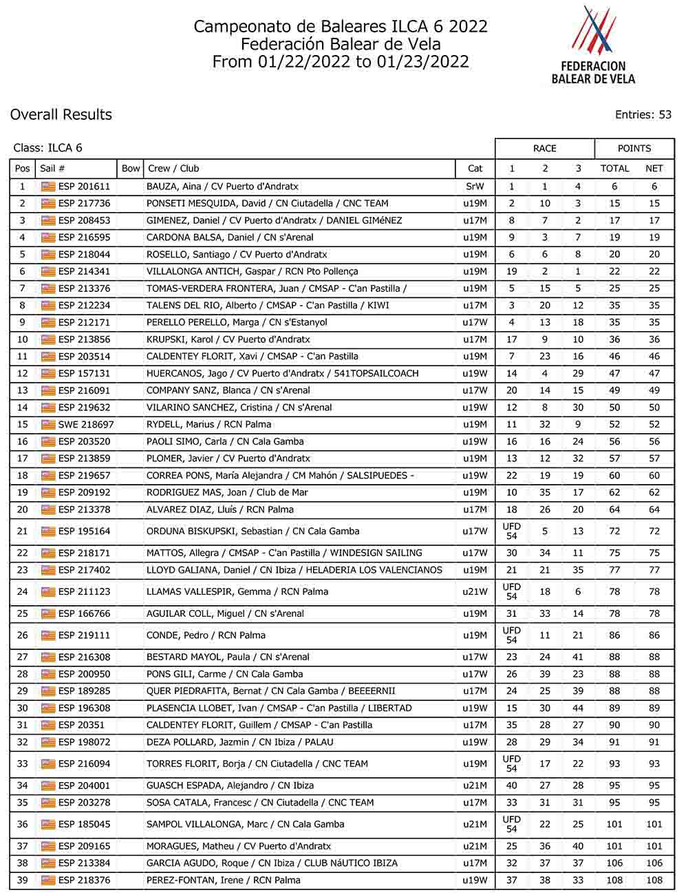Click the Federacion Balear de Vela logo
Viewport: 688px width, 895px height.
593,45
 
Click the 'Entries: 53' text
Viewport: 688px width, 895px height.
643,115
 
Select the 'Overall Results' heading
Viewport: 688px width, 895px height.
61,115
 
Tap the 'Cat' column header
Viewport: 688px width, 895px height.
475,169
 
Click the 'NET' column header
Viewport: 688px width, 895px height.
654,169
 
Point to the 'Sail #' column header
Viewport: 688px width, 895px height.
53,169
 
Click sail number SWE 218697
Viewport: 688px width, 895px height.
86,425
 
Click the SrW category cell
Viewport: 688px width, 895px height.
475,187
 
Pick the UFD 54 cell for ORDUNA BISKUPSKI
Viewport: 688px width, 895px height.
511,531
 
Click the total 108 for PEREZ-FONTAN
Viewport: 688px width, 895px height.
614,881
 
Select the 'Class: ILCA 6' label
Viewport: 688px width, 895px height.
48,148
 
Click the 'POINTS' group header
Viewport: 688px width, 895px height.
634,148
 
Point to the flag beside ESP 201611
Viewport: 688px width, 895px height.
48,187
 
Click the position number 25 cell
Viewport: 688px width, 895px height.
23,613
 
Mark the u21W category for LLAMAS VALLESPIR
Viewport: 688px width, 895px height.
475,592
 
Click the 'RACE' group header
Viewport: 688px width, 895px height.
544,148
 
